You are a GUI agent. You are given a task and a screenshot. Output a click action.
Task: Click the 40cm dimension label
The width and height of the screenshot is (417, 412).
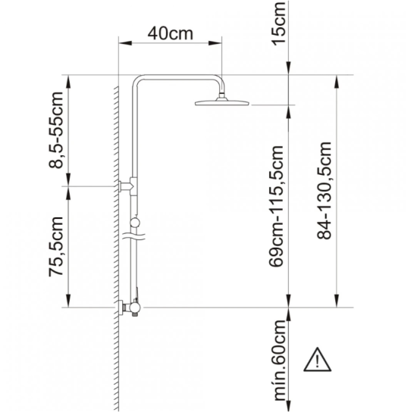click(x=170, y=33)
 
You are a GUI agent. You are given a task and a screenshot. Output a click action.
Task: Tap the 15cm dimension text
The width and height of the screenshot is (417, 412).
click(x=279, y=23)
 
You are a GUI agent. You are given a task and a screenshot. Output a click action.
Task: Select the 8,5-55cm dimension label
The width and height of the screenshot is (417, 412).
click(x=56, y=130)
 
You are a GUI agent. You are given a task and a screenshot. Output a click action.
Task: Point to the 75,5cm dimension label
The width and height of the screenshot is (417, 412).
click(x=56, y=247)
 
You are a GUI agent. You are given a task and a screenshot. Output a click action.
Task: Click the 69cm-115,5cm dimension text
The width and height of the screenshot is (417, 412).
click(x=276, y=206)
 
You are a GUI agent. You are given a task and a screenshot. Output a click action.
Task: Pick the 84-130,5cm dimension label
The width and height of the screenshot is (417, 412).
click(x=325, y=190)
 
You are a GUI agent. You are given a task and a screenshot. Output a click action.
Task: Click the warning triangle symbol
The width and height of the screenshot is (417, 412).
click(x=317, y=360)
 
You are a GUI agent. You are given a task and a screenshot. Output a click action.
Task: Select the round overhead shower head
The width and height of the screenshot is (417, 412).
click(x=222, y=102)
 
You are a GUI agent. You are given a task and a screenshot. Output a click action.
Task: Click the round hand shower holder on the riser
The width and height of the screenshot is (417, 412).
click(x=135, y=222)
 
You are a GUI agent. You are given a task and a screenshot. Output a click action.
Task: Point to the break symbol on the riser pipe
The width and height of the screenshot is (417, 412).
click(x=133, y=236)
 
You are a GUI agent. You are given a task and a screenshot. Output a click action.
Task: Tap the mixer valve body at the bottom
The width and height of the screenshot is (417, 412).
click(x=134, y=307)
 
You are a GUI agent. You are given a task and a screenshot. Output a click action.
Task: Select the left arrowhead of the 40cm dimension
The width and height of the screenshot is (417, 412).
click(x=125, y=43)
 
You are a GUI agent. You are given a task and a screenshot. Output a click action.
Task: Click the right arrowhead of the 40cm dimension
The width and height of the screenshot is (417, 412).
click(x=215, y=43)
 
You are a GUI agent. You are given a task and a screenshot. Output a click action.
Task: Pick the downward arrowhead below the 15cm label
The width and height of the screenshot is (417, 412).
click(x=289, y=68)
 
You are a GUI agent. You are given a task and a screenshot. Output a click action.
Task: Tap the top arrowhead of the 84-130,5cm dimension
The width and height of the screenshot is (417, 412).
click(x=337, y=82)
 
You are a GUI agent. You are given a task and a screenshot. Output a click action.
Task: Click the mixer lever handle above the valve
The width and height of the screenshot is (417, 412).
click(x=136, y=294)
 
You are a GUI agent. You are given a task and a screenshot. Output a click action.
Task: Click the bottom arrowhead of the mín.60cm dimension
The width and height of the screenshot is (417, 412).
click(x=289, y=405)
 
